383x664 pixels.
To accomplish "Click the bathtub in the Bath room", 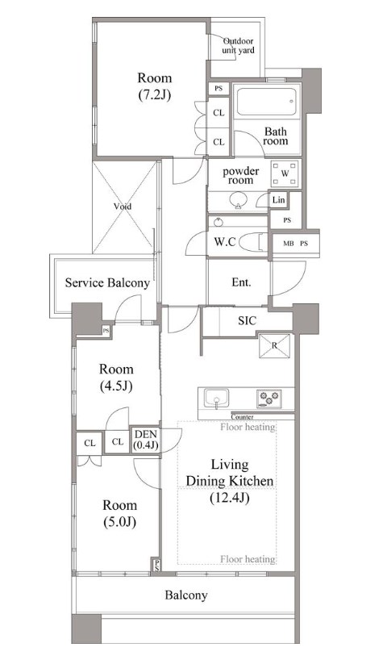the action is [x=266, y=102].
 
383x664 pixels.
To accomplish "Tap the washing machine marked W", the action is [x=285, y=173].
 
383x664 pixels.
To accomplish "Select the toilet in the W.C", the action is [x=253, y=242].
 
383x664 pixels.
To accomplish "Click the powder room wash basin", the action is [x=238, y=200].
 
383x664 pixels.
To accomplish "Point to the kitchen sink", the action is [x=216, y=399].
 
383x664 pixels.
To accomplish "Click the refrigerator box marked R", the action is [x=275, y=345].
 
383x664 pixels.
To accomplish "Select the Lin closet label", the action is [x=278, y=200].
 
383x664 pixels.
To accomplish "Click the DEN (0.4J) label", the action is [x=145, y=439].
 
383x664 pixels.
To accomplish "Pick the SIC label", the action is [x=247, y=320].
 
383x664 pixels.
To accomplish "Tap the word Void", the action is [x=123, y=207].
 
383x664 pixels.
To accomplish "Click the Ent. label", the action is [x=241, y=282].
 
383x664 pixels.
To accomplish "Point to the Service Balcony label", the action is [x=107, y=283].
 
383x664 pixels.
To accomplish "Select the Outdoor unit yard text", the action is [x=238, y=46].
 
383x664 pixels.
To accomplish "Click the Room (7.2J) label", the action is [x=155, y=86].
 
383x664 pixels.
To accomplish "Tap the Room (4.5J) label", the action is [x=116, y=378].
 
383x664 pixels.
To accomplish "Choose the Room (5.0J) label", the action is [x=120, y=514].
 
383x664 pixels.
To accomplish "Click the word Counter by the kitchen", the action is [x=242, y=416].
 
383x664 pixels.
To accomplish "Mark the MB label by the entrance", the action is [x=289, y=244].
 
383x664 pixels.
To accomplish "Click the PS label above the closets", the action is [x=219, y=89].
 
